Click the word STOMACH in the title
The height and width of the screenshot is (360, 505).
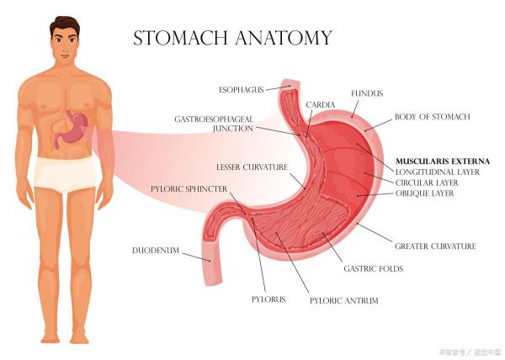(180, 38)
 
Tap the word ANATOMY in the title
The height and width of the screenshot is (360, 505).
(284, 38)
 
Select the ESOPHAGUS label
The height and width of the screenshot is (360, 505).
(242, 90)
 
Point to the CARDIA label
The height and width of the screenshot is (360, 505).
(321, 105)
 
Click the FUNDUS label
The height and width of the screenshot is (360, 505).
(367, 93)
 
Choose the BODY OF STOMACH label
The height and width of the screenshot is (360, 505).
(433, 117)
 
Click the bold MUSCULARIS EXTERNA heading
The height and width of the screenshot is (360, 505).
(443, 161)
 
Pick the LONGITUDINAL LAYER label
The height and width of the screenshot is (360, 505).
(438, 172)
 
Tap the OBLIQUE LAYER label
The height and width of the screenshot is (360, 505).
(424, 193)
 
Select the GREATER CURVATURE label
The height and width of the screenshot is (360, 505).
(435, 246)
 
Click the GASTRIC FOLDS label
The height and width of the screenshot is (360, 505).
(374, 268)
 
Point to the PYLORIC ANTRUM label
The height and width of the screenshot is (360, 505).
(344, 301)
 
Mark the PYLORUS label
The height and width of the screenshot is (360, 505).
(268, 299)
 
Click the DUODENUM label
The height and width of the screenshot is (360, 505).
(156, 251)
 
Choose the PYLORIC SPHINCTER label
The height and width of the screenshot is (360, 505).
(189, 189)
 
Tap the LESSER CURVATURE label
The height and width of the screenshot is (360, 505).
(252, 167)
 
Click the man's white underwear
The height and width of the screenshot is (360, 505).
(65, 174)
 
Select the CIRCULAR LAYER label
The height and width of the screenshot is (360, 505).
(427, 183)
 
